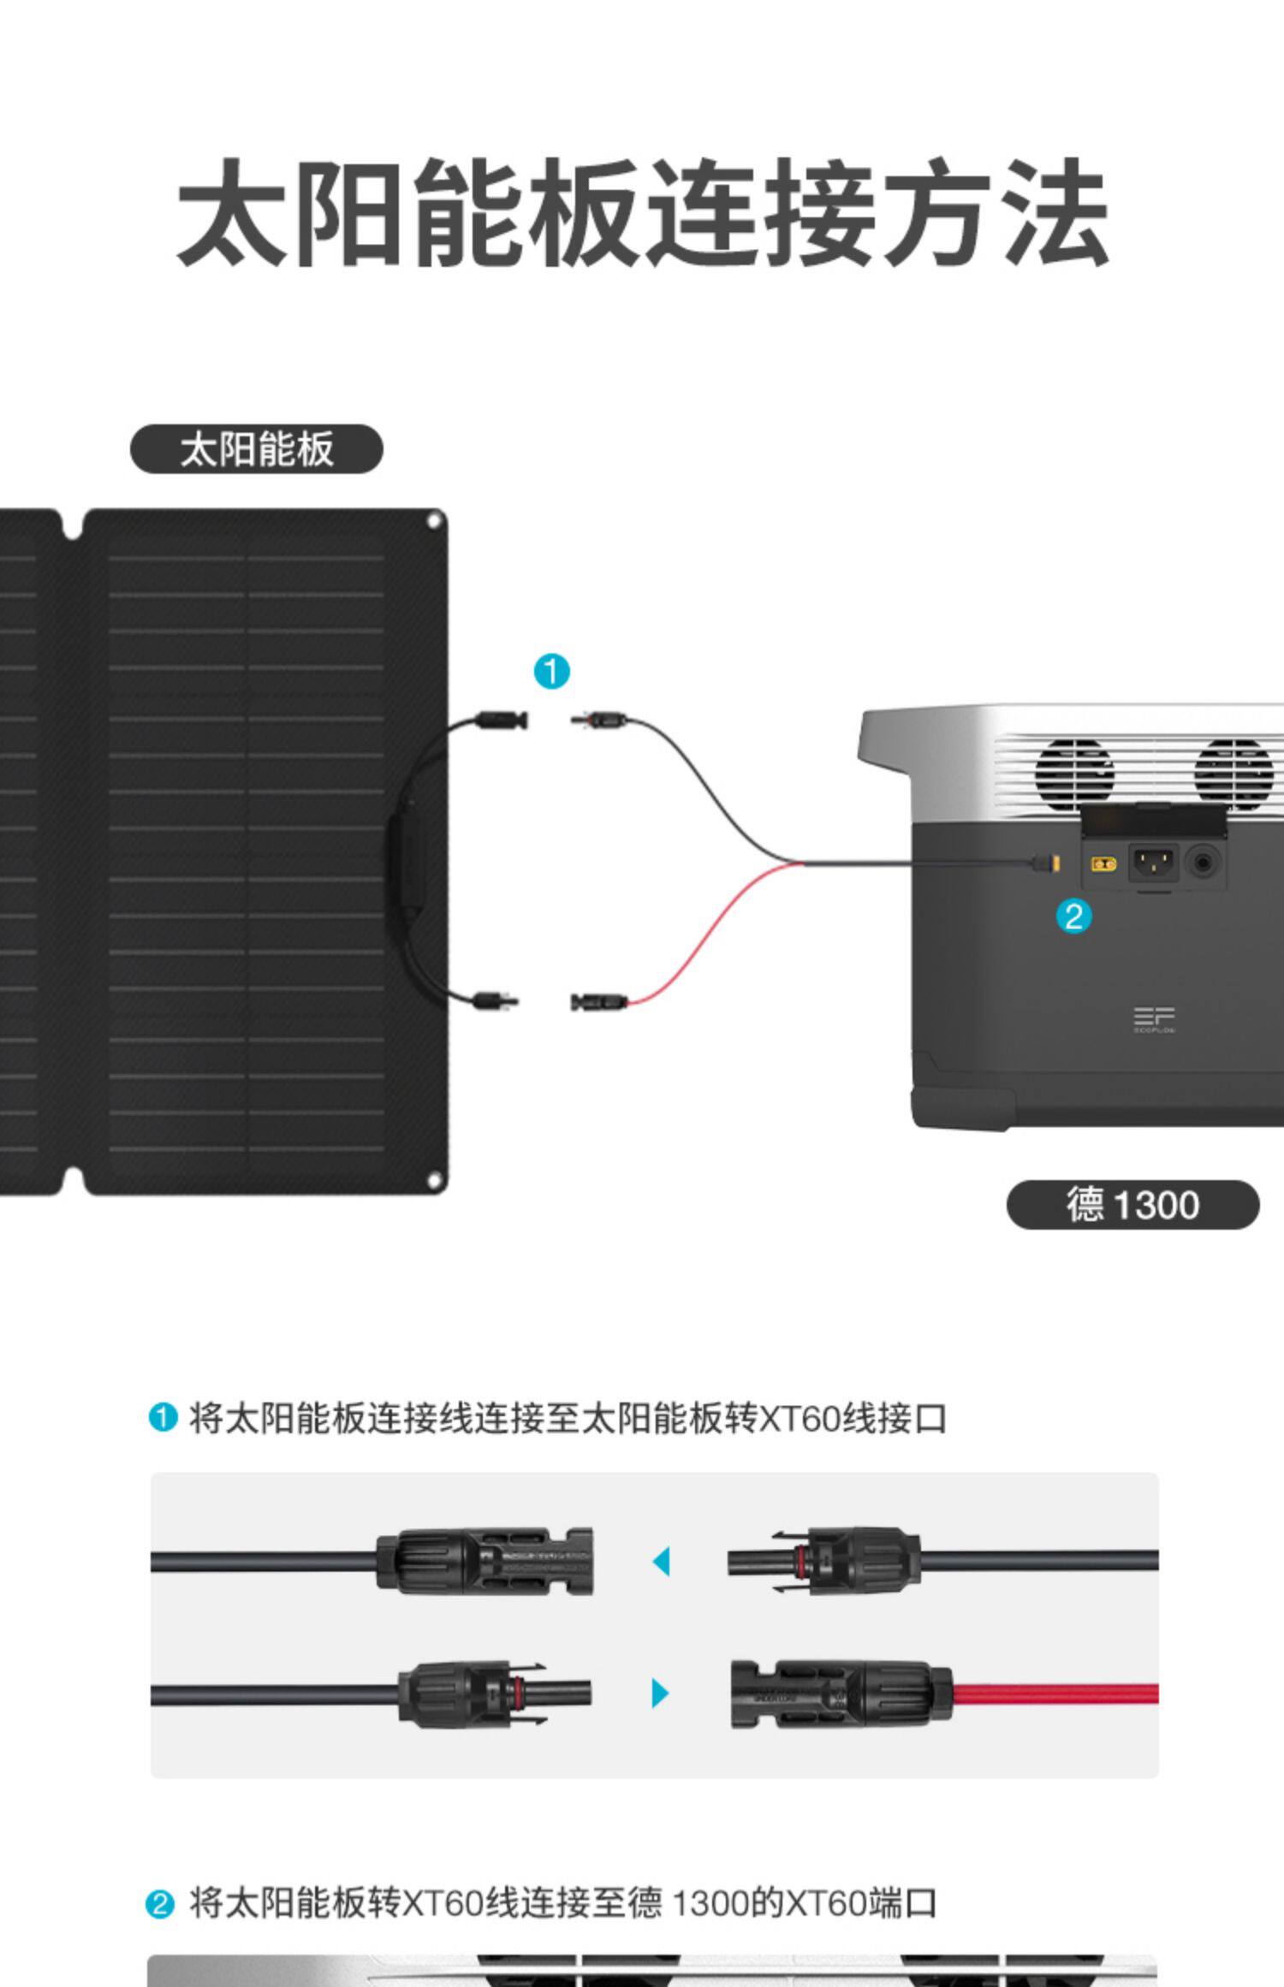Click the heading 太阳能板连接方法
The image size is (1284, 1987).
click(x=642, y=212)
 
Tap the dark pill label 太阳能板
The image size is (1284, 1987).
click(x=256, y=449)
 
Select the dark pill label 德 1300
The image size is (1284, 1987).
click(x=1132, y=1205)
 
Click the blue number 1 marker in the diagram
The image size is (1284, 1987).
click(x=552, y=672)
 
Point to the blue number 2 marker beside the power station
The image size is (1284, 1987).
click(x=1073, y=916)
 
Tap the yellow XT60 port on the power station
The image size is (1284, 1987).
click(x=1104, y=863)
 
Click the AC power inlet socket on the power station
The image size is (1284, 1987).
click(x=1154, y=863)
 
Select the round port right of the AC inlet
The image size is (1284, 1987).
click(x=1204, y=863)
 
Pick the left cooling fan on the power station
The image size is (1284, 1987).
click(x=1074, y=770)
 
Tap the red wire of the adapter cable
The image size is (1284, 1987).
click(x=702, y=941)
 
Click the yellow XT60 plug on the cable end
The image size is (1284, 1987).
click(x=1055, y=863)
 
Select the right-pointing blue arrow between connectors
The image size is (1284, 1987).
click(x=660, y=1693)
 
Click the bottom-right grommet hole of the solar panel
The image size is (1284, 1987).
click(x=434, y=1182)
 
